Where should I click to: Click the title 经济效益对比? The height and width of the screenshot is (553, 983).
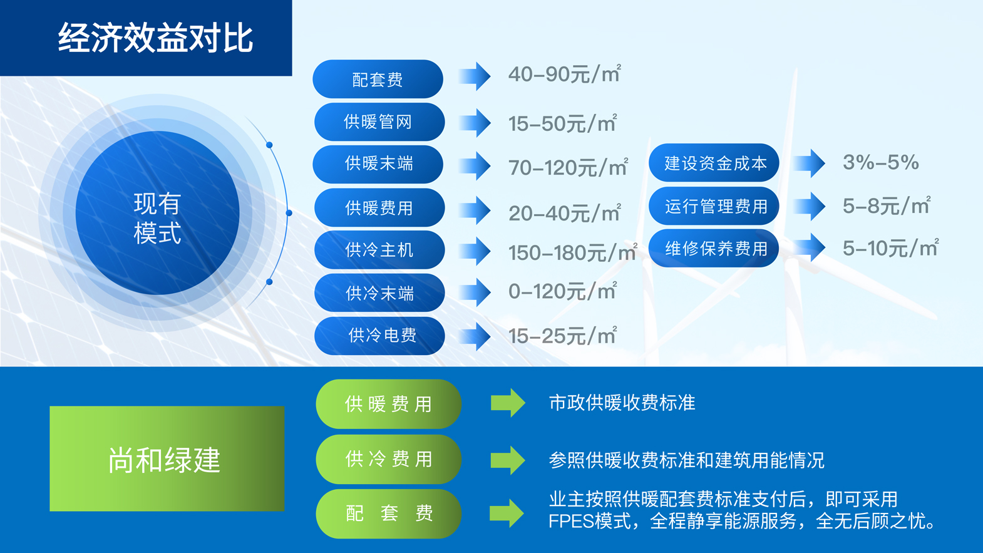(x=155, y=38)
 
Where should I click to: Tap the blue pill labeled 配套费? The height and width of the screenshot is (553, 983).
(x=378, y=79)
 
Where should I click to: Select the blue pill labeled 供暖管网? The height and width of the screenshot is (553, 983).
(x=379, y=121)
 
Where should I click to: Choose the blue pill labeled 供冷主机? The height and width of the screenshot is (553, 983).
(x=379, y=250)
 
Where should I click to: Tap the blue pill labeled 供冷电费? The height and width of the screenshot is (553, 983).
(x=379, y=336)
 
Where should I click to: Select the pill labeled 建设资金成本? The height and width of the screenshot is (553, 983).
(x=714, y=163)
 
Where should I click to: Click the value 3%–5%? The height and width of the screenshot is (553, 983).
(x=881, y=162)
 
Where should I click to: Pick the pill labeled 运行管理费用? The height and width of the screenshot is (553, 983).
(x=714, y=206)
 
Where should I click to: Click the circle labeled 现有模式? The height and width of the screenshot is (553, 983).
(x=158, y=213)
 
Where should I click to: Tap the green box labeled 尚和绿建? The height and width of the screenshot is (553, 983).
(x=167, y=458)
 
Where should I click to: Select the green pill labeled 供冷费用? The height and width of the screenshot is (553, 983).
(x=388, y=459)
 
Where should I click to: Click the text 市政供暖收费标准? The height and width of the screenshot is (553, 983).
(x=622, y=403)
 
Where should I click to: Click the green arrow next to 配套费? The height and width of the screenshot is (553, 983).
(x=507, y=513)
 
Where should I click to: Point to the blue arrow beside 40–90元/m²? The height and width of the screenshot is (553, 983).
(x=475, y=76)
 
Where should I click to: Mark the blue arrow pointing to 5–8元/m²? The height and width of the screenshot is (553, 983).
(x=809, y=206)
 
